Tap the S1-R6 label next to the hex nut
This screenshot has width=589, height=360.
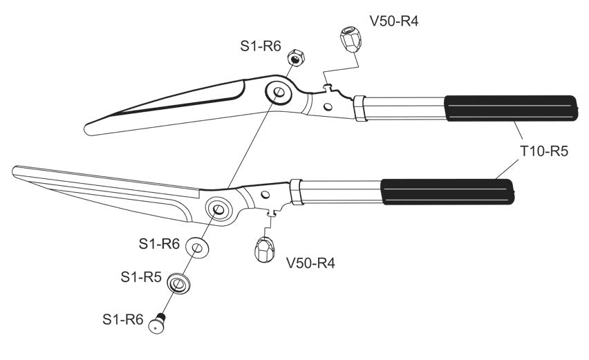pos(260,46)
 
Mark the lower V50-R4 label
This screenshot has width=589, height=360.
pos(310,264)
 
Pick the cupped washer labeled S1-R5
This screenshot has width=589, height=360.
pos(181,283)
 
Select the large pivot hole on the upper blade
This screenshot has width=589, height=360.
pos(279,92)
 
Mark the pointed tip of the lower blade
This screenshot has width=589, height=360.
pos(17,169)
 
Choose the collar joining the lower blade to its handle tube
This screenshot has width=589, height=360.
pos(296,192)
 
